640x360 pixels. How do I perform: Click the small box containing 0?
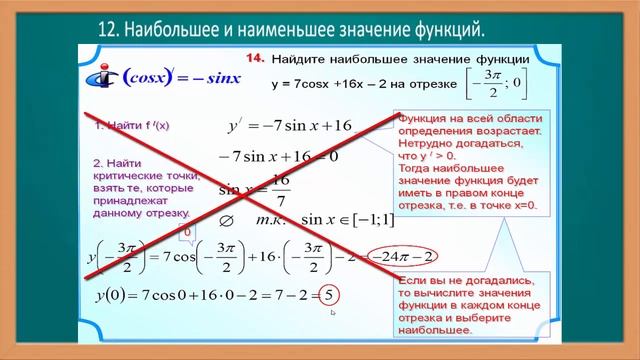click(x=186, y=232)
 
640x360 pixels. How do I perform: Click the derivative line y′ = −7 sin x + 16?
click(x=291, y=126)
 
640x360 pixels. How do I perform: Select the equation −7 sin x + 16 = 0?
click(x=279, y=156)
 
